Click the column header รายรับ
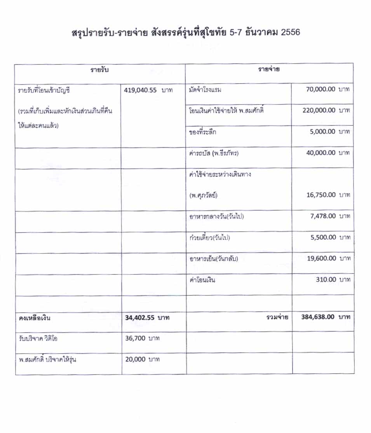coord(99,70)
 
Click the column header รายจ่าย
coord(269,70)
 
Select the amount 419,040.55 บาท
coord(148,90)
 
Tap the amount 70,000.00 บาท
coord(327,90)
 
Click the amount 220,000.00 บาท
coord(326,110)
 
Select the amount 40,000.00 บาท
coord(327,153)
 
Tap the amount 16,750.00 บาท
coord(327,195)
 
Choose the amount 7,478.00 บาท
coord(329,216)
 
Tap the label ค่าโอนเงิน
coord(202,279)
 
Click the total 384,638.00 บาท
coord(326,317)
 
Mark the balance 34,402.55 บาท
coord(147,318)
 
